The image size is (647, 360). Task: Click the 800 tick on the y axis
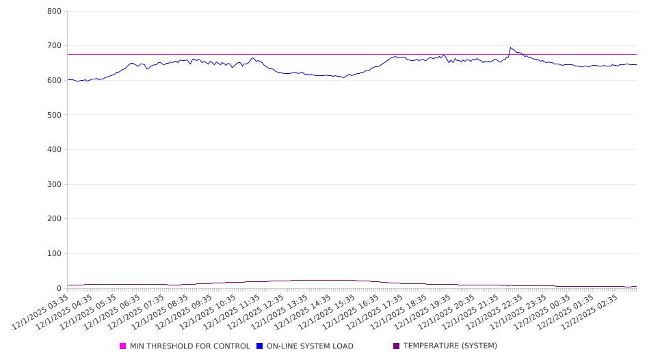(x=54, y=12)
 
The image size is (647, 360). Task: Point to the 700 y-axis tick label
(x=54, y=46)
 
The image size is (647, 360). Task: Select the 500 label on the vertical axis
(x=54, y=115)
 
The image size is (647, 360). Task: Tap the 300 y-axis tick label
(x=54, y=184)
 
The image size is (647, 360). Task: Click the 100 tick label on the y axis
(x=54, y=254)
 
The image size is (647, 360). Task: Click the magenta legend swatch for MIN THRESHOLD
(x=123, y=346)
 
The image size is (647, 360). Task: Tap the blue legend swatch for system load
(x=260, y=346)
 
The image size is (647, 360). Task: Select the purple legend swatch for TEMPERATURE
(x=397, y=346)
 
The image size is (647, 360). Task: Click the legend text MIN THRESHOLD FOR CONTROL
(x=189, y=346)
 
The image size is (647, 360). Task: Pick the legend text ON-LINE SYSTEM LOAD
(x=310, y=346)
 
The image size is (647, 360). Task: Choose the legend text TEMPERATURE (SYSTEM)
(x=450, y=346)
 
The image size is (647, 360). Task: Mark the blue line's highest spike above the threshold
(x=510, y=48)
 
